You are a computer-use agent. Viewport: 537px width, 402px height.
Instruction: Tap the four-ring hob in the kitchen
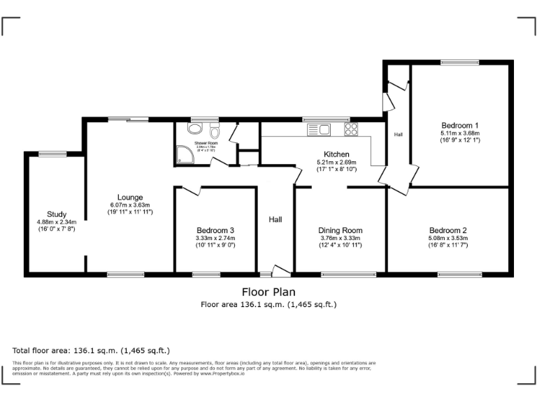click(x=350, y=128)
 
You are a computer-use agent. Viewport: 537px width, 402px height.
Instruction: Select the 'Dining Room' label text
click(x=341, y=230)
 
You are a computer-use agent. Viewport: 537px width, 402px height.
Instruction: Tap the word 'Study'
click(x=57, y=214)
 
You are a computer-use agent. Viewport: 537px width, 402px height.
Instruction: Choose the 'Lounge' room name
click(x=130, y=198)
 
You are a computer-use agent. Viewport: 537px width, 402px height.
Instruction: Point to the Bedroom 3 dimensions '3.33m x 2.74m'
click(x=215, y=238)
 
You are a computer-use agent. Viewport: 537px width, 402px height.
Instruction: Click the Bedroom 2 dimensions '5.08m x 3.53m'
click(x=448, y=238)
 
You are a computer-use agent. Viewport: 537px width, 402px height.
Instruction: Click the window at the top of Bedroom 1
click(x=459, y=63)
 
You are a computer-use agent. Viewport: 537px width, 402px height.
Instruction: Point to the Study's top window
click(x=52, y=154)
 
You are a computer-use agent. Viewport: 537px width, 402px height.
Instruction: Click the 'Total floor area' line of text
click(x=91, y=350)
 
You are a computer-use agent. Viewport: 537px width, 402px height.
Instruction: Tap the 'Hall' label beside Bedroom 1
click(x=399, y=134)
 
